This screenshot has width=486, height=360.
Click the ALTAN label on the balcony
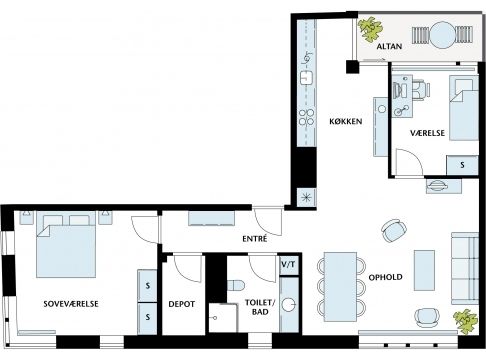(389, 46)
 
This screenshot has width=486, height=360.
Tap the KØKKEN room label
(346, 121)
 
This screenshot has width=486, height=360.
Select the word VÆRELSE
(427, 133)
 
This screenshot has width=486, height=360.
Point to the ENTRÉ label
(255, 239)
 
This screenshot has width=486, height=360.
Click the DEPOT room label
(182, 304)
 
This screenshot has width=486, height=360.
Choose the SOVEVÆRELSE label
(71, 304)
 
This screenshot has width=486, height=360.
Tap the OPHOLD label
(385, 277)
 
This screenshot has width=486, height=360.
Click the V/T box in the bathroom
(288, 265)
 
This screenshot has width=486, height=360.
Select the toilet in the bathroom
(236, 285)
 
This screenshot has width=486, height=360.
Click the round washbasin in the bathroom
(289, 305)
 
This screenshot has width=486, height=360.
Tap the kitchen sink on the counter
(306, 78)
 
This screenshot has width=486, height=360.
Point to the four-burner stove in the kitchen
(306, 117)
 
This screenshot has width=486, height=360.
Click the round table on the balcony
(442, 35)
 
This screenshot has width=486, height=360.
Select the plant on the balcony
(370, 29)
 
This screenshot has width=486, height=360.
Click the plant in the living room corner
(466, 321)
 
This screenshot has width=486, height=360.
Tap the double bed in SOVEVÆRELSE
(66, 245)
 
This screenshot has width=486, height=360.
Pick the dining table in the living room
(340, 287)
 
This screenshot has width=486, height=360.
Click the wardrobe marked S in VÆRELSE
(462, 165)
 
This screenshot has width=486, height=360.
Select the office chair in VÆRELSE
(421, 90)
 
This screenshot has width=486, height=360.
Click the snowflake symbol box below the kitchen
(306, 197)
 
